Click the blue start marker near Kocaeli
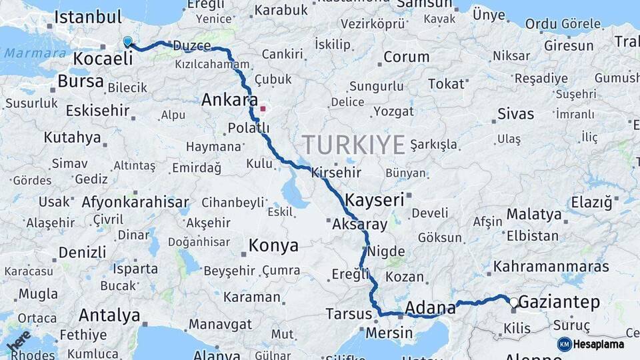pos(128,42)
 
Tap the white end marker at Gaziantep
pos(513,302)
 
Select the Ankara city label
pos(229,101)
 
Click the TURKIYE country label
pos(353,144)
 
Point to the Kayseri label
pos(375,199)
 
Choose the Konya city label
pos(273,245)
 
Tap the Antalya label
pos(109,315)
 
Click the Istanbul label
pos(88,17)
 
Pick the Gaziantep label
pos(559,302)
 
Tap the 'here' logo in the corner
pos(18,341)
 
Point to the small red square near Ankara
pos(263,108)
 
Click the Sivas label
pos(516,113)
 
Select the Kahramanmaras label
pos(551,267)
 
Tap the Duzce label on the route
pos(191,46)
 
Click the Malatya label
pos(534,214)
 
